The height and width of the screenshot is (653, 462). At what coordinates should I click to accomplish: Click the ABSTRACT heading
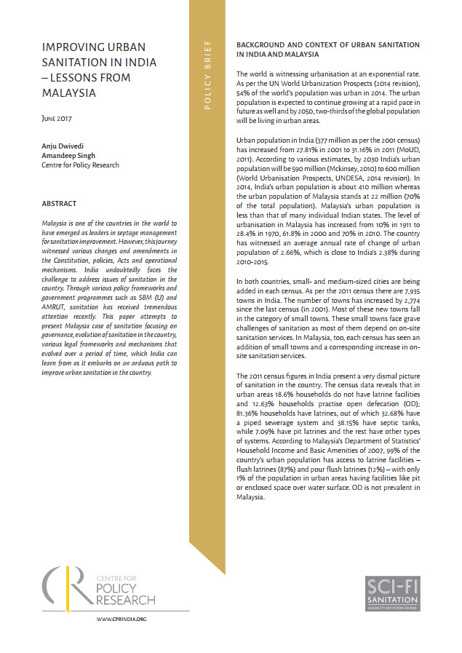[60, 204]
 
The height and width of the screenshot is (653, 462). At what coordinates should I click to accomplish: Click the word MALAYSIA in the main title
[69, 94]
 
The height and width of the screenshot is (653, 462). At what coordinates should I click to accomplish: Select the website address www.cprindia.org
[122, 619]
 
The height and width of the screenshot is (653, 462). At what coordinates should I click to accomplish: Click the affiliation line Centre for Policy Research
[80, 166]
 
